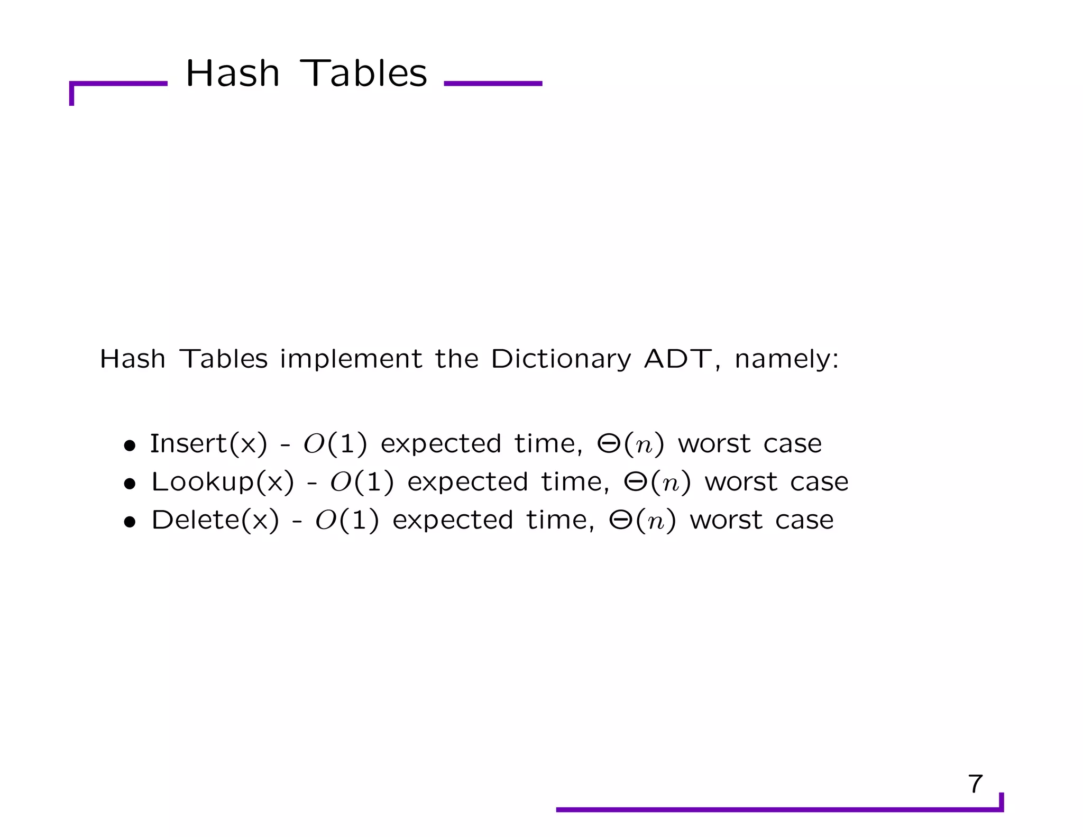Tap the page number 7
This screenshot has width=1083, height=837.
(975, 784)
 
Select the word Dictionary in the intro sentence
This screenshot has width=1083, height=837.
(561, 360)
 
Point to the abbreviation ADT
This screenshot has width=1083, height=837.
(678, 359)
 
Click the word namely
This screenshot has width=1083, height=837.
(786, 360)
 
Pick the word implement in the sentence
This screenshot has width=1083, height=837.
(351, 360)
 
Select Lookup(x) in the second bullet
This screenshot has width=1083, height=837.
(222, 482)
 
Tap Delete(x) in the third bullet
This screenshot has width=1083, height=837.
(215, 520)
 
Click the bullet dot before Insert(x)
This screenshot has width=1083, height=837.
(130, 446)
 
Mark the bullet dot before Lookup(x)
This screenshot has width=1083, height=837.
(130, 484)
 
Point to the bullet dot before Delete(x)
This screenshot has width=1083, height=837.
(130, 523)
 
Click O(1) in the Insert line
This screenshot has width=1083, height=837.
(335, 444)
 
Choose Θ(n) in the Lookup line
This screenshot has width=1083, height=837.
(657, 482)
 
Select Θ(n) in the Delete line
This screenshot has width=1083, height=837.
(642, 521)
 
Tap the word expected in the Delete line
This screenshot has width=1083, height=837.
(453, 521)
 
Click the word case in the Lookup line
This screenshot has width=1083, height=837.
(819, 482)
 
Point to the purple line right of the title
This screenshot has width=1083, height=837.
(493, 84)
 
